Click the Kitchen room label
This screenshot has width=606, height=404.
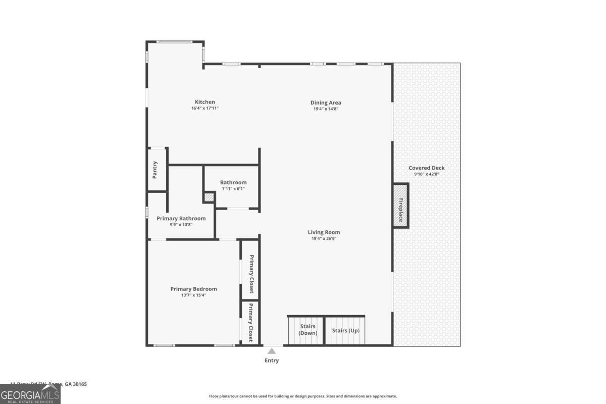tap(205, 102)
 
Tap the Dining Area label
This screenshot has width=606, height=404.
tap(326, 103)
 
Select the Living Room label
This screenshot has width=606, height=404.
tap(324, 232)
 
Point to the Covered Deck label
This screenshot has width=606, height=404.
tap(427, 168)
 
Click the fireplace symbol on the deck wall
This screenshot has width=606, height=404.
tap(400, 206)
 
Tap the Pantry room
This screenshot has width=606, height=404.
tap(156, 170)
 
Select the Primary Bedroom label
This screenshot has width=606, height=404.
tap(193, 289)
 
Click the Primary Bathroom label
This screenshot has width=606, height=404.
tap(181, 218)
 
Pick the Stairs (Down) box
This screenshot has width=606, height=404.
tap(306, 330)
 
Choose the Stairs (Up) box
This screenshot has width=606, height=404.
tap(345, 330)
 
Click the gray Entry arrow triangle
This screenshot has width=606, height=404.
tap(272, 350)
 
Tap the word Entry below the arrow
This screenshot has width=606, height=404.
tap(272, 361)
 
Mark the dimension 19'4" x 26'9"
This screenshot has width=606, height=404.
tap(324, 238)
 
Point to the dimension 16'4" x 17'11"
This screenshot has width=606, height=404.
tap(205, 108)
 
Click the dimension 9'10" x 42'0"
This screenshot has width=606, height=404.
tap(427, 174)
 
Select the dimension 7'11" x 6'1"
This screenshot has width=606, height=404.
tap(233, 188)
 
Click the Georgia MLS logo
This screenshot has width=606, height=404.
tap(30, 394)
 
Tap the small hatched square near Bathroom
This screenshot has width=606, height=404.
tap(209, 197)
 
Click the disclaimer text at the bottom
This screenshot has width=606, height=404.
tap(303, 396)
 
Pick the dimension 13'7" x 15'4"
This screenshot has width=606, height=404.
tap(193, 295)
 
